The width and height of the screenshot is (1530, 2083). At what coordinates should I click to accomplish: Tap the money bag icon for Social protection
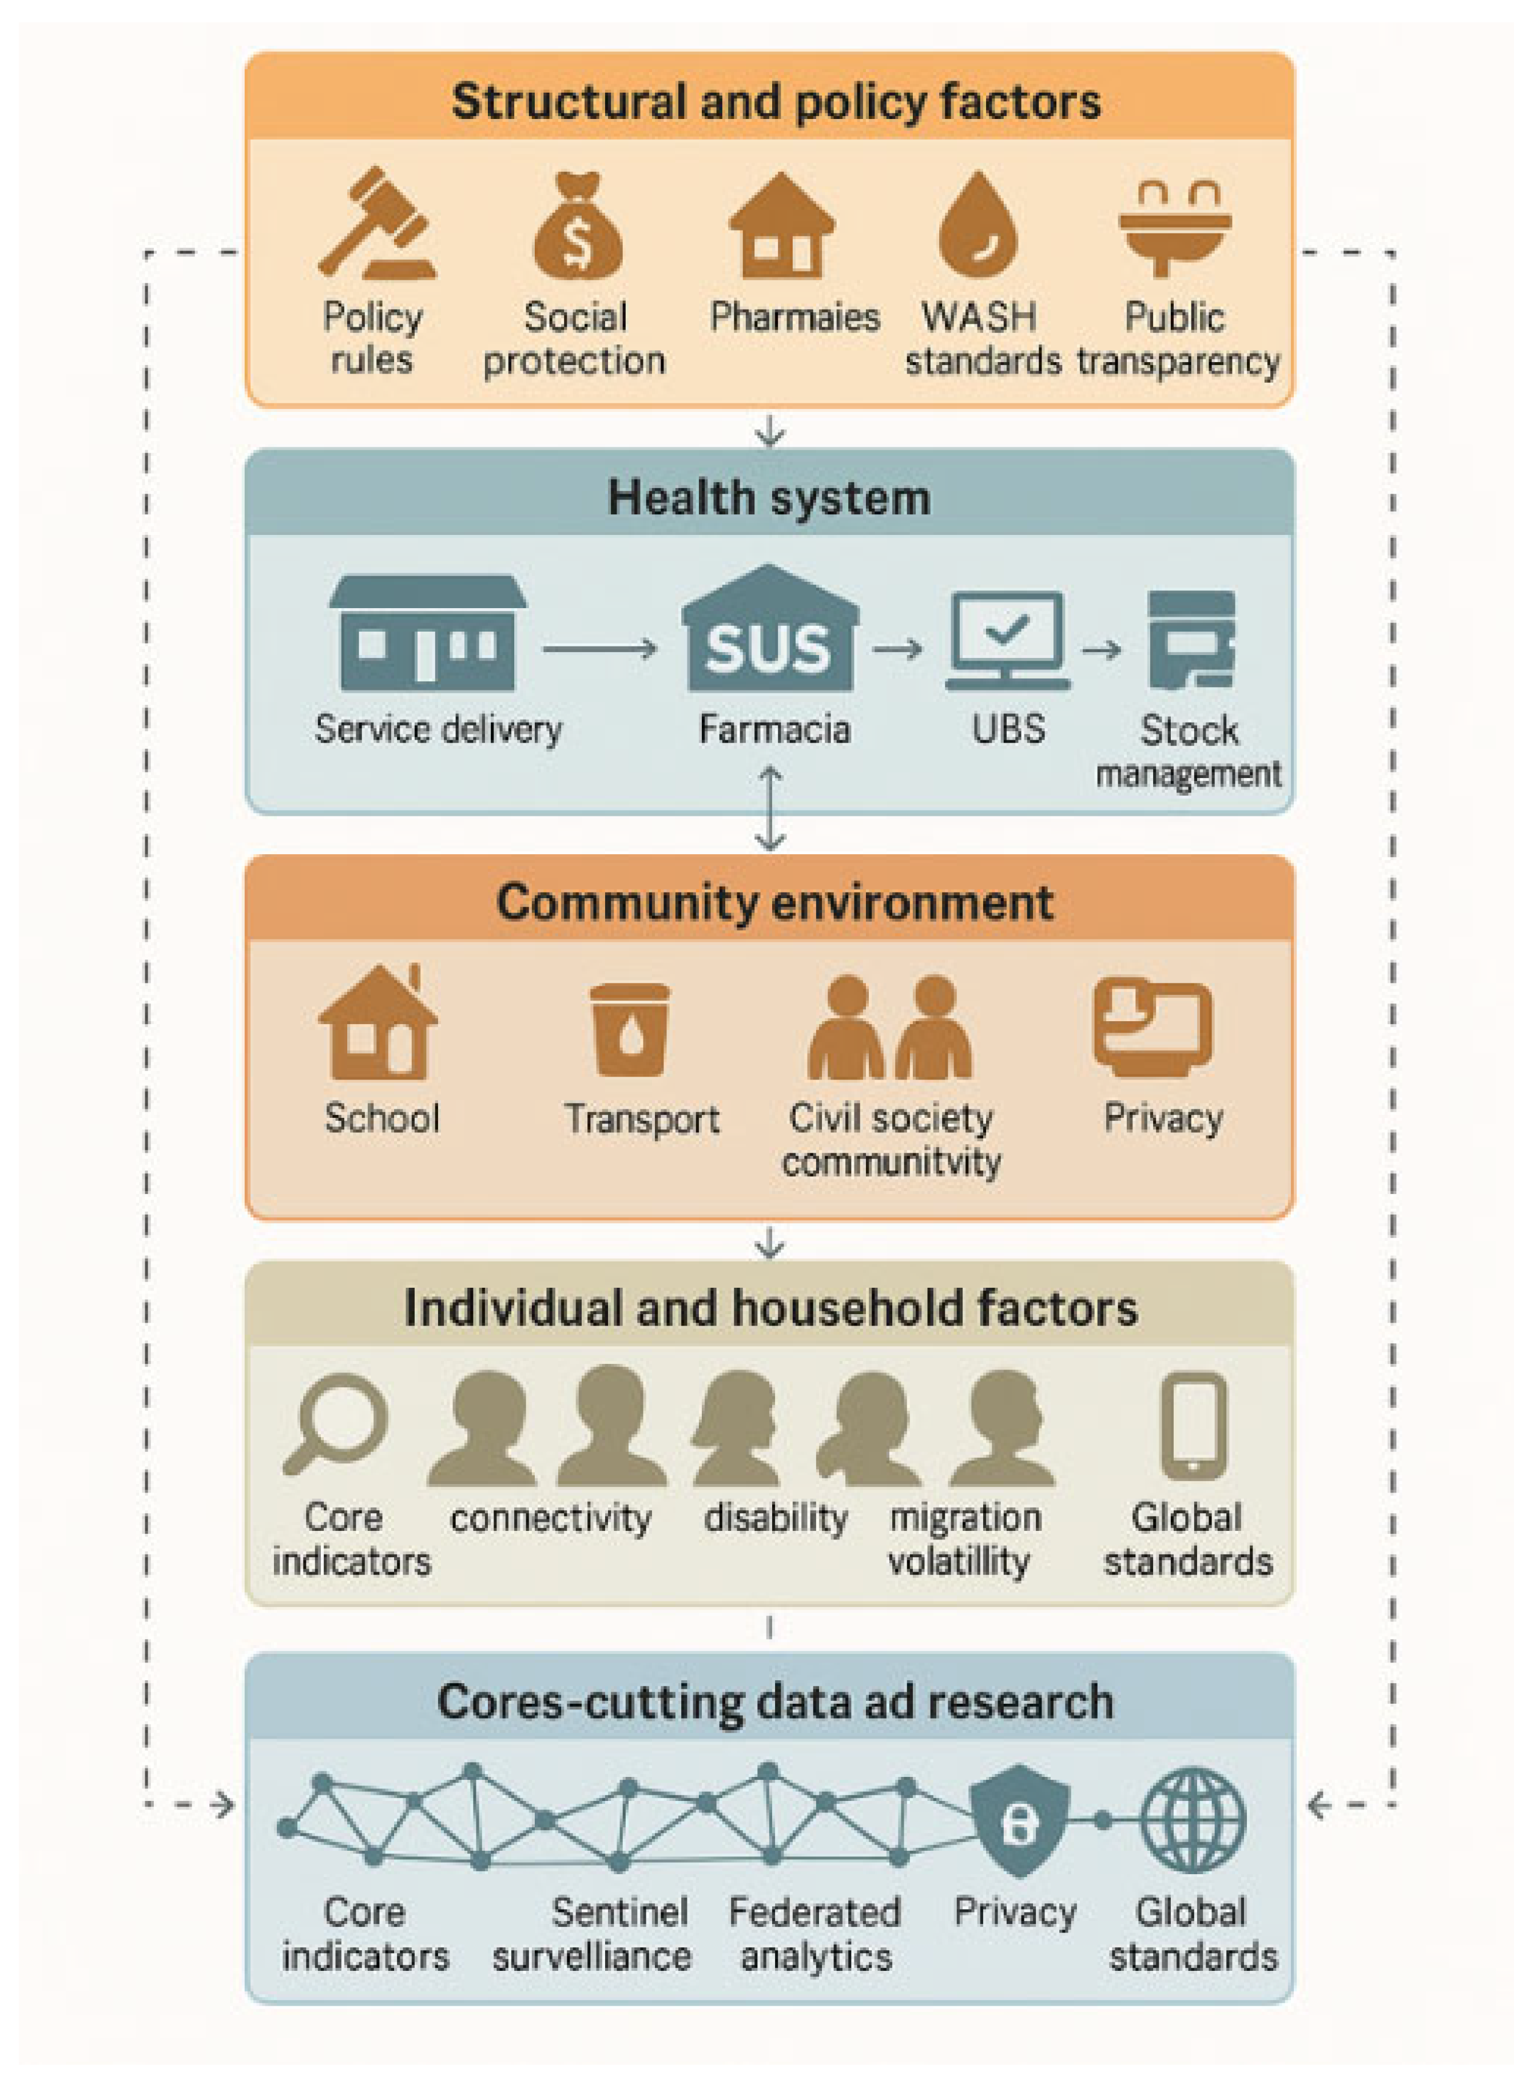(577, 224)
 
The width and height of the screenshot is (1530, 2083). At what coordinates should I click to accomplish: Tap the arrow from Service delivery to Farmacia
(600, 649)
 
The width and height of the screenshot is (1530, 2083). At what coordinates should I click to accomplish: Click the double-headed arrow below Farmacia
(770, 808)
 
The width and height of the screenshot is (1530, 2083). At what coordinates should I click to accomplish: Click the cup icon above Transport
(630, 1029)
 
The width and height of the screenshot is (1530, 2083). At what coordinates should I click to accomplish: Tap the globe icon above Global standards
(1192, 1821)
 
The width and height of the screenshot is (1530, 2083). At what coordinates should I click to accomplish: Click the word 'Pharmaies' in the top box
(794, 317)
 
